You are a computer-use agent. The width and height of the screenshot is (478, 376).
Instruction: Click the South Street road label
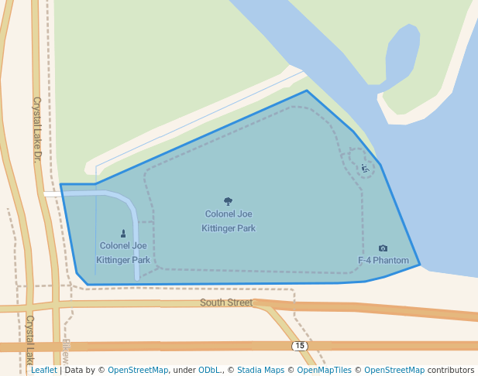pyautogui.click(x=226, y=303)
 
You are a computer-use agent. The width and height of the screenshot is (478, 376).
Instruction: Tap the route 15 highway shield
pyautogui.click(x=300, y=346)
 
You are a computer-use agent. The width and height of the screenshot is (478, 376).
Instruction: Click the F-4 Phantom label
pyautogui.click(x=383, y=261)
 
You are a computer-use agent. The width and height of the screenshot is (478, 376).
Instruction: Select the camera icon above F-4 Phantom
pyautogui.click(x=383, y=248)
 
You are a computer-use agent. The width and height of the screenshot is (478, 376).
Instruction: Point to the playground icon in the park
pyautogui.click(x=365, y=168)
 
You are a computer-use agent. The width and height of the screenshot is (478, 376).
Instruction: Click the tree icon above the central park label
pyautogui.click(x=228, y=202)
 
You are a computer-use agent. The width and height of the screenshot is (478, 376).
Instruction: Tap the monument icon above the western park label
pyautogui.click(x=123, y=234)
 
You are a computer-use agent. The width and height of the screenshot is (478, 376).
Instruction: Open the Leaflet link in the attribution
pyautogui.click(x=43, y=371)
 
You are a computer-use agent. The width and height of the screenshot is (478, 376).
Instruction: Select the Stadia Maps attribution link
pyautogui.click(x=260, y=371)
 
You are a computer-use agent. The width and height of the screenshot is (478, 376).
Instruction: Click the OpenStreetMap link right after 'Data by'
pyautogui.click(x=138, y=371)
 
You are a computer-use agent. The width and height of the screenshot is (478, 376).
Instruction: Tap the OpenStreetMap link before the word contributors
pyautogui.click(x=394, y=371)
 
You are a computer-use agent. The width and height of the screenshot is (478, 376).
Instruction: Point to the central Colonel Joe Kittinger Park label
pyautogui.click(x=229, y=220)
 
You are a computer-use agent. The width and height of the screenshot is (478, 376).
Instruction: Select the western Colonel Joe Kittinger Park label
pyautogui.click(x=123, y=253)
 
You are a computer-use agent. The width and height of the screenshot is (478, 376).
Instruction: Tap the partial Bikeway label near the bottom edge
pyautogui.click(x=65, y=352)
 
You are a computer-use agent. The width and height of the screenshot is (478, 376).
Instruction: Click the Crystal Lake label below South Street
pyautogui.click(x=30, y=339)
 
